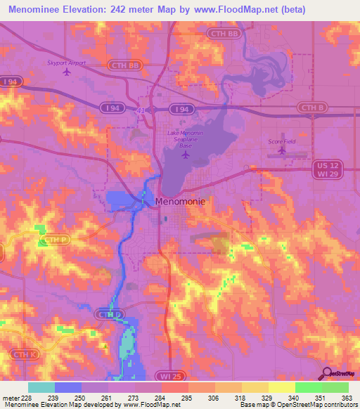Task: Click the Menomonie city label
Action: (181, 202)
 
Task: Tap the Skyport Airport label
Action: (66, 62)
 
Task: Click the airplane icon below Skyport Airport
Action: (67, 71)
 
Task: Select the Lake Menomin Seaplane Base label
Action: (185, 137)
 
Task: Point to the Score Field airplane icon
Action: (282, 150)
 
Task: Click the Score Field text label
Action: (281, 141)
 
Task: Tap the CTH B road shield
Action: (312, 108)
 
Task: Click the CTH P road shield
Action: (53, 240)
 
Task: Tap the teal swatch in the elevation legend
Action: (41, 387)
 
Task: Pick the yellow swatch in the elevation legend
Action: (281, 387)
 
